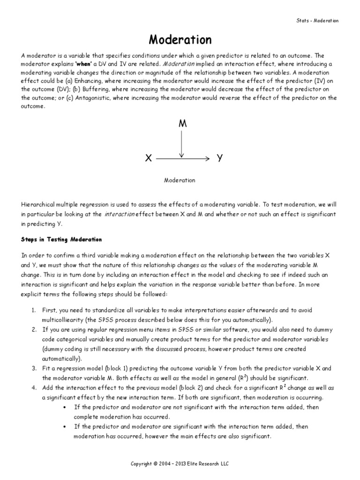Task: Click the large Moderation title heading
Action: tap(180, 39)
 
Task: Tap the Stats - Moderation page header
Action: tap(317, 21)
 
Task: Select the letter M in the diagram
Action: tap(181, 124)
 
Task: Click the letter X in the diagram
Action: tap(148, 159)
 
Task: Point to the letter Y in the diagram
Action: tap(219, 159)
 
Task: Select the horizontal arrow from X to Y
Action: tap(183, 159)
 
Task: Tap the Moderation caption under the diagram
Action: tap(180, 180)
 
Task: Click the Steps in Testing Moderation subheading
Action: tap(61, 239)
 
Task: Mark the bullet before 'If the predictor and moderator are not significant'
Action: tap(64, 407)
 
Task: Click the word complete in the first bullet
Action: tap(85, 416)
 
